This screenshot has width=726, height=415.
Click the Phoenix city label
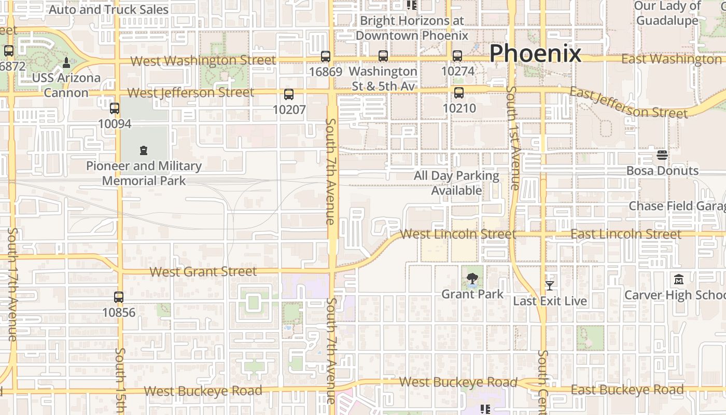(x=535, y=53)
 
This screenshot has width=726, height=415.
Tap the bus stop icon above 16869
(x=326, y=57)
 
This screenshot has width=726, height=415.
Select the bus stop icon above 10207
(x=289, y=94)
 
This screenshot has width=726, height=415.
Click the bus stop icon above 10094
(x=115, y=108)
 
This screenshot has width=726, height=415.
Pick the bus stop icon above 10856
(x=119, y=297)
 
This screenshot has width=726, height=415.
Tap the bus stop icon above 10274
(x=457, y=56)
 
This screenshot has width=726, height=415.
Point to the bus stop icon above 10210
(x=459, y=93)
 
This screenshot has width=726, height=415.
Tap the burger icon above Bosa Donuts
(x=662, y=155)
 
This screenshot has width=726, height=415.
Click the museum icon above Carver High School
(x=679, y=280)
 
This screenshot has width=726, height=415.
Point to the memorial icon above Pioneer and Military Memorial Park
(x=144, y=151)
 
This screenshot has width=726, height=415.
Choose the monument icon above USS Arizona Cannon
(x=66, y=63)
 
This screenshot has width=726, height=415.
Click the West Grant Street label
(x=203, y=272)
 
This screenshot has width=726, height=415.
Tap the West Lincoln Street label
(x=458, y=234)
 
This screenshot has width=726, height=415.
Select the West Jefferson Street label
(x=190, y=93)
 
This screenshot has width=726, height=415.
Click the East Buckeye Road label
(x=627, y=390)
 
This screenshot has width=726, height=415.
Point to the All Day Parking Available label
(x=456, y=183)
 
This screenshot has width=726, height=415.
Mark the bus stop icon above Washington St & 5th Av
(x=383, y=56)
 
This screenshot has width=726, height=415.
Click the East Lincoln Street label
(x=626, y=234)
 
